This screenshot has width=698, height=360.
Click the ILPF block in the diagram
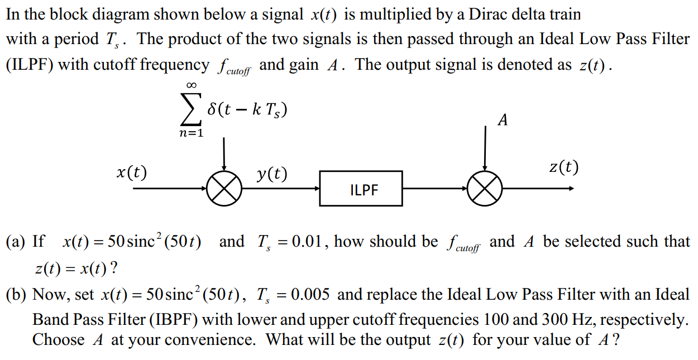[361, 189]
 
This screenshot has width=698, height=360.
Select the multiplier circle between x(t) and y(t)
[224, 189]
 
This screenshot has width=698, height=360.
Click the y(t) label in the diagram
[272, 174]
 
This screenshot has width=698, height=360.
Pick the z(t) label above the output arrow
[563, 167]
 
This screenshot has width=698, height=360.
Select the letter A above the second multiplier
[503, 120]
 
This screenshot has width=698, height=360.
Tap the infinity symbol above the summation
[192, 85]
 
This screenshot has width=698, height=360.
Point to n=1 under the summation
[192, 133]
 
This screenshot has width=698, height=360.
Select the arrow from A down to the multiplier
[485, 148]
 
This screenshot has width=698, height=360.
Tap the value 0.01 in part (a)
[309, 242]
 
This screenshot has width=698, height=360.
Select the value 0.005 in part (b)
[311, 295]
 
